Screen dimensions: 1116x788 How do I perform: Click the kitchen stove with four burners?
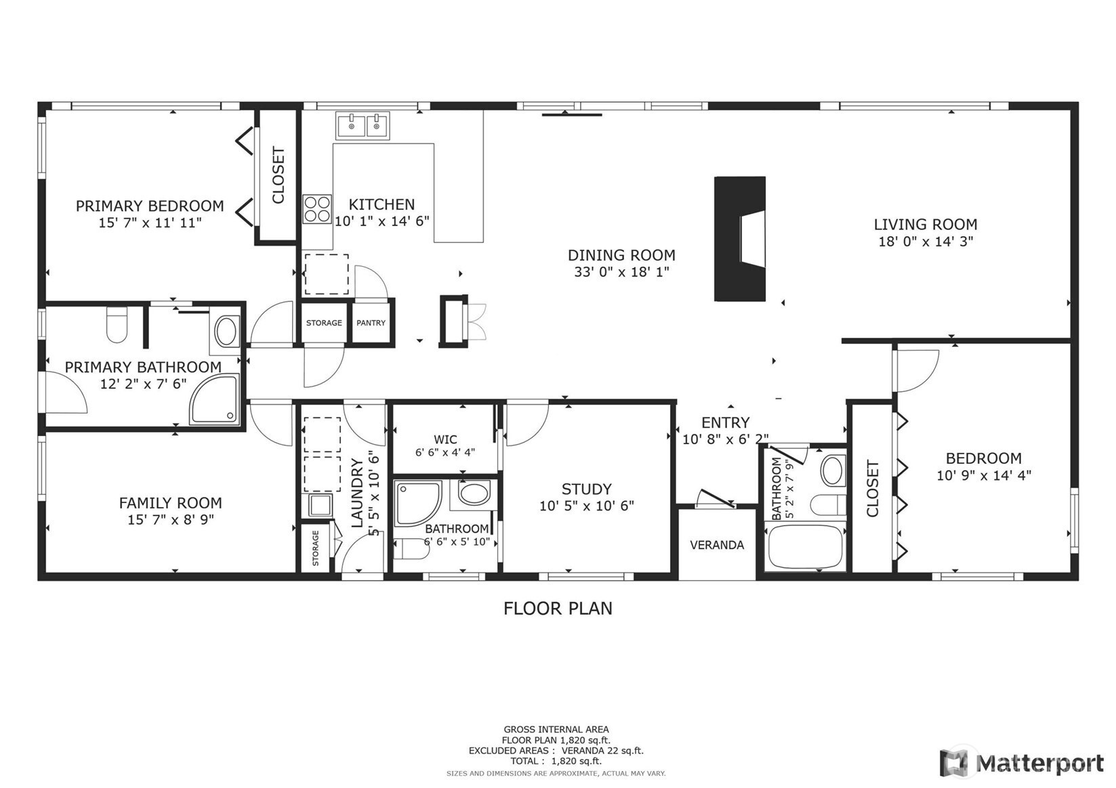317,209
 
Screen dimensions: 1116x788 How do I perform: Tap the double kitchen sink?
363,125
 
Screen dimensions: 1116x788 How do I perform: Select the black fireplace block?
740,238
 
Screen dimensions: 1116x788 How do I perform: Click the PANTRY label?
371,322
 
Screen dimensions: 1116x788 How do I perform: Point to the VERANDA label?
717,545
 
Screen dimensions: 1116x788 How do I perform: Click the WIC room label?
445,439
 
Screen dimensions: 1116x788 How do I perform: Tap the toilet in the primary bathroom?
117,324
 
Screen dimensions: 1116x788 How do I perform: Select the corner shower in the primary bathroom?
214,399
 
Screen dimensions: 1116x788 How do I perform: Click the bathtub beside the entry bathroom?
805,547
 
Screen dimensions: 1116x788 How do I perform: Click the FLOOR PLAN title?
558,609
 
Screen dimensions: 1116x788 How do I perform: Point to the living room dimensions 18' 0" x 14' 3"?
926,242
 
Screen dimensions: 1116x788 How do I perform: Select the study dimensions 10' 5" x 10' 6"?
587,506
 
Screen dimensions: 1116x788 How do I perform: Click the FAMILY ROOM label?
170,503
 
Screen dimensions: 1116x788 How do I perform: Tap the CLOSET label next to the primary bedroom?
278,175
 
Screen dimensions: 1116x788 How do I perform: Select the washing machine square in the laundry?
319,505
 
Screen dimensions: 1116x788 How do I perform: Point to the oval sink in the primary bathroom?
226,332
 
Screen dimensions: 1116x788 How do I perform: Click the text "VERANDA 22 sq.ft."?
602,750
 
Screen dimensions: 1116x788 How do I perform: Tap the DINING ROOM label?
622,255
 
